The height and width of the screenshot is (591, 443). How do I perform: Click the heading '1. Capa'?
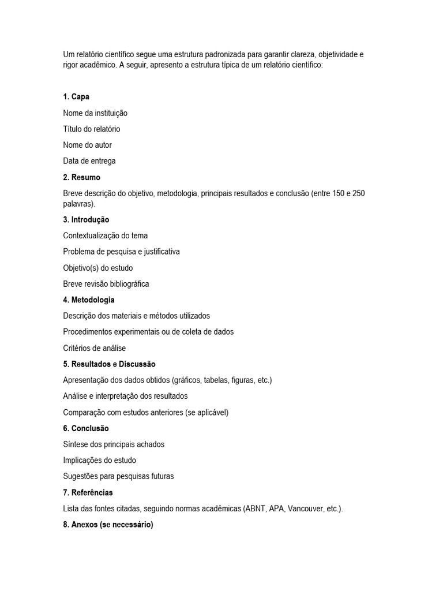76,97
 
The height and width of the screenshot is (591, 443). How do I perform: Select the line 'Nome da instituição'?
95,113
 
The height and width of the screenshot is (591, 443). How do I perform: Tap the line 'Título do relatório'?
92,129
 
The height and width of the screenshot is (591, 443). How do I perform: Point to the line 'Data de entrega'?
89,161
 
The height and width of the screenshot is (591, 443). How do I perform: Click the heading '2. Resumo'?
82,177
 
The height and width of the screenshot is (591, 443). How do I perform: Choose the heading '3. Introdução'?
86,220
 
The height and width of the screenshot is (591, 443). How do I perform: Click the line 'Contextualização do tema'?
106,235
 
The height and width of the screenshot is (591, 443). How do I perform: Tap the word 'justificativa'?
158,252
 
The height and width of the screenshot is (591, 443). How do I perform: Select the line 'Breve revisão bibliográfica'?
106,284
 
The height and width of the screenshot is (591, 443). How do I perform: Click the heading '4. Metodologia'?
89,300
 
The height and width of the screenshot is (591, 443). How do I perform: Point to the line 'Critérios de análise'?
95,348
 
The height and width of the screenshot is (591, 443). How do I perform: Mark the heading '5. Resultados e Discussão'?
109,364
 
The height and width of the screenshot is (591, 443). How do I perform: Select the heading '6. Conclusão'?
86,428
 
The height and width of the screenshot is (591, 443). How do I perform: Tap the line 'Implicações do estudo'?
100,461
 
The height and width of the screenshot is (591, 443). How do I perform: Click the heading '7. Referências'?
88,492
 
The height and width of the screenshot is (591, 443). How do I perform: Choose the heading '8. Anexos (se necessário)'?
108,525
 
